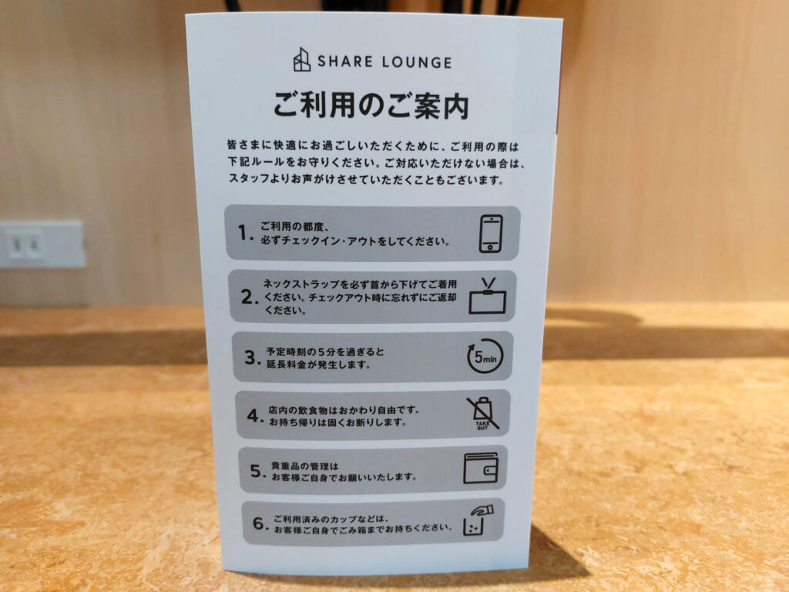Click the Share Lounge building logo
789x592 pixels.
coord(302,60)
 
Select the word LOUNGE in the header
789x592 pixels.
coord(417,62)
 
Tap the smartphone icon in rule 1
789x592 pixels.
coord(491,234)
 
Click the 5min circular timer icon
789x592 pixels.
coord(485,357)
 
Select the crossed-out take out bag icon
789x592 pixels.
coord(482,413)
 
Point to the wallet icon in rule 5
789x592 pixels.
coord(481,469)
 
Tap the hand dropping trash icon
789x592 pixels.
coord(478,522)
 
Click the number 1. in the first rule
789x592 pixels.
coord(245,233)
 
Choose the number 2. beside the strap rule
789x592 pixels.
coord(250,297)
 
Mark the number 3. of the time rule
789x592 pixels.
coord(253,358)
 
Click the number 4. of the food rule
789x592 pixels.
coord(255,415)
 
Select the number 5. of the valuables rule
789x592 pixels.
coord(258,471)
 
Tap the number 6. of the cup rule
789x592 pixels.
coord(260,524)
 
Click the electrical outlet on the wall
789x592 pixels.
coord(42,244)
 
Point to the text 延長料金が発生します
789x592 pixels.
coord(318,364)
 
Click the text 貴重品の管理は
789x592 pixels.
coord(304,466)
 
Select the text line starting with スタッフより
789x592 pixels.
coord(366,179)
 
